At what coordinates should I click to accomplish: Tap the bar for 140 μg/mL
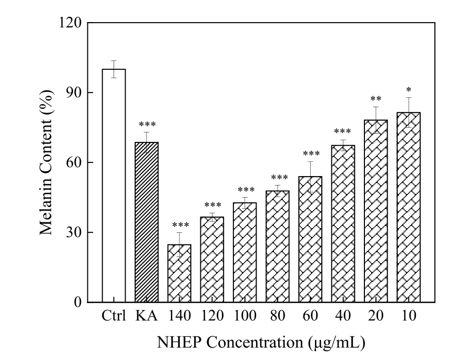click(x=179, y=273)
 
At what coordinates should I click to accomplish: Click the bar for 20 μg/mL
click(x=375, y=211)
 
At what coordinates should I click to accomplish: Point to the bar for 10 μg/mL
click(x=409, y=207)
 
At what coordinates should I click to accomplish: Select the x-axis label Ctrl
click(x=114, y=317)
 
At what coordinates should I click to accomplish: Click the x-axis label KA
click(x=147, y=317)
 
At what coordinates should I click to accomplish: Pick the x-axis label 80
click(x=278, y=317)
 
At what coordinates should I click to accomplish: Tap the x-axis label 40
click(x=343, y=317)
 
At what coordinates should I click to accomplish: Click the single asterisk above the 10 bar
click(x=409, y=89)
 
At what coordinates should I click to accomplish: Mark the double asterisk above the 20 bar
click(x=375, y=99)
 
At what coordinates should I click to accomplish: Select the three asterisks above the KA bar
click(x=147, y=125)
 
